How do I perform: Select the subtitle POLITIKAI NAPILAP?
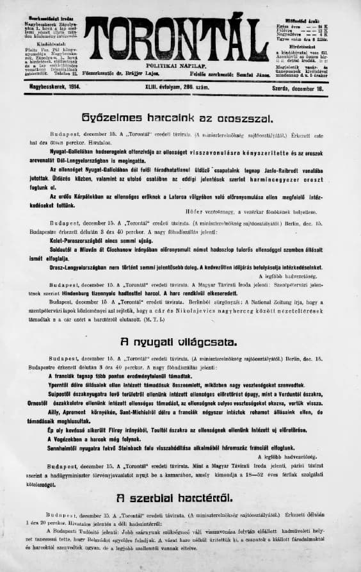click(176, 66)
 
